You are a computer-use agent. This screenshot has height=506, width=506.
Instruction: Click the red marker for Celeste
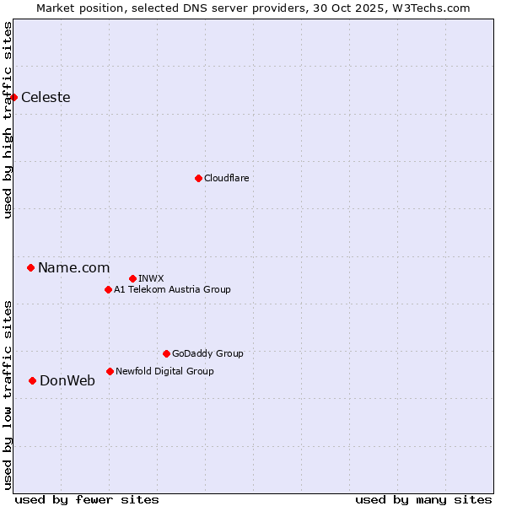tap(13, 97)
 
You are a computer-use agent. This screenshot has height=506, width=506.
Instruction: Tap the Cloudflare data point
tap(198, 178)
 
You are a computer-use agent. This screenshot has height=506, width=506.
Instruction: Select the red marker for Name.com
tap(30, 267)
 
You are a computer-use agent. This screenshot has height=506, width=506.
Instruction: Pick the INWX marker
tap(132, 278)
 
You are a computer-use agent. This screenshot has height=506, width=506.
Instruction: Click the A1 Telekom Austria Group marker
tap(108, 289)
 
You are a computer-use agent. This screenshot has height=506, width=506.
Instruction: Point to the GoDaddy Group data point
tap(166, 353)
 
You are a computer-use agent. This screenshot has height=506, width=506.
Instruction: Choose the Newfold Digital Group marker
tap(110, 371)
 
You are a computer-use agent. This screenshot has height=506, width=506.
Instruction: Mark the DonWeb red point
tap(32, 380)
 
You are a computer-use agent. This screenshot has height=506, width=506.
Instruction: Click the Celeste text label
tap(46, 97)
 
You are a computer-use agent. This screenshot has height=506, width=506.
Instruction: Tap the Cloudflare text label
tap(226, 178)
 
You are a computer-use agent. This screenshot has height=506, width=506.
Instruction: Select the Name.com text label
tap(73, 267)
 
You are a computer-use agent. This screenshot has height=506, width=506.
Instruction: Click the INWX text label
tap(151, 278)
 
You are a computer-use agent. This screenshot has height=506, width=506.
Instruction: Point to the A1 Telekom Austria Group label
tap(172, 289)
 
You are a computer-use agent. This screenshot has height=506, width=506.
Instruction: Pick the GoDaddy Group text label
tap(207, 353)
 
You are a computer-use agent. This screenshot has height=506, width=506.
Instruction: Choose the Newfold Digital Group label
tap(164, 371)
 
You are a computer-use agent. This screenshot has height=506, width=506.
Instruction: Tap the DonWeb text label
tap(67, 380)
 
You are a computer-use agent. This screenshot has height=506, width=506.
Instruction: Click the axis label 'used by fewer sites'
tap(87, 499)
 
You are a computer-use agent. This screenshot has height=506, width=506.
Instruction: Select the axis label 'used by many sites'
tap(423, 499)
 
